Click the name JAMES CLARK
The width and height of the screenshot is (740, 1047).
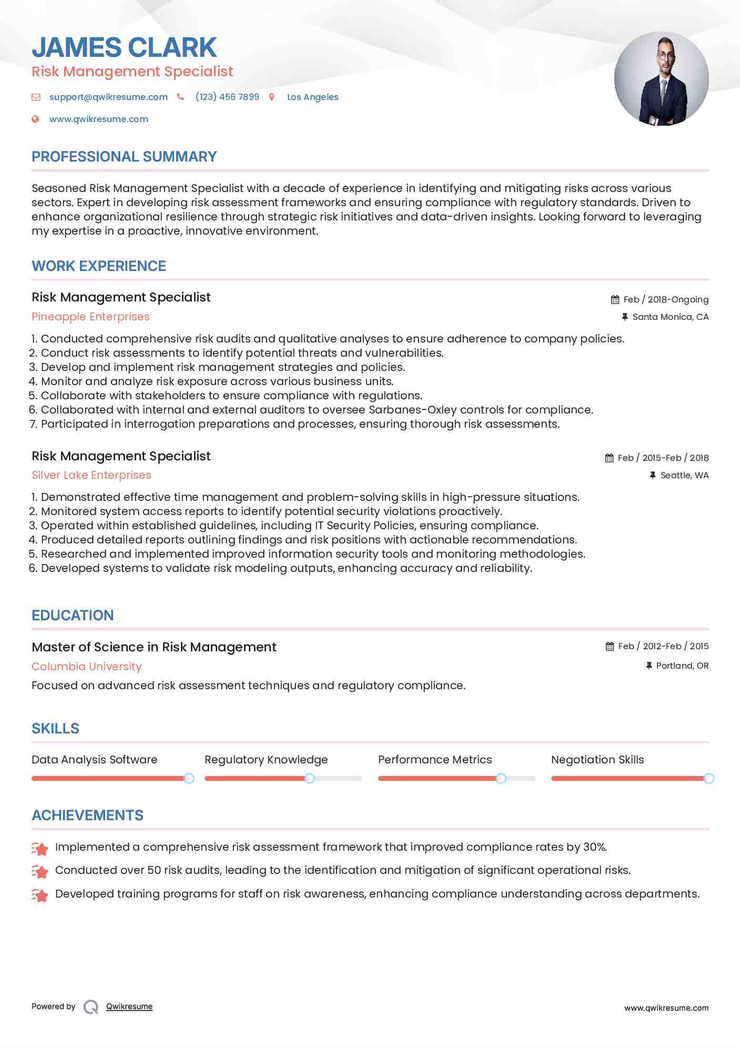click(x=124, y=47)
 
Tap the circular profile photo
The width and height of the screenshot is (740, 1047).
click(x=661, y=79)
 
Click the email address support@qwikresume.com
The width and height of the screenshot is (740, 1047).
click(x=108, y=97)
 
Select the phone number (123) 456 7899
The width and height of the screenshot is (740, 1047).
click(x=227, y=97)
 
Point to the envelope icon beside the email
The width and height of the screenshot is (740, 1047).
click(x=36, y=97)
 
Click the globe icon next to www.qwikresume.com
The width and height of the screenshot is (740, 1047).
click(x=35, y=119)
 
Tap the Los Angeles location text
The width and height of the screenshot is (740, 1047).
click(x=312, y=97)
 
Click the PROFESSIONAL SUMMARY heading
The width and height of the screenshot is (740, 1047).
click(x=124, y=157)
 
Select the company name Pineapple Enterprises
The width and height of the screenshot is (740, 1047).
click(x=90, y=317)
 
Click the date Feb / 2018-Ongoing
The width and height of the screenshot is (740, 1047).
click(x=665, y=299)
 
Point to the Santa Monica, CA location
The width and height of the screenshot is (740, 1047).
click(x=670, y=317)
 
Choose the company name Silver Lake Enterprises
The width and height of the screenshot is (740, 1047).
click(x=91, y=475)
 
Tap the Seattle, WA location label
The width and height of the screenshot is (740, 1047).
click(x=684, y=475)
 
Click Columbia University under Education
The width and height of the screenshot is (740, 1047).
click(x=86, y=667)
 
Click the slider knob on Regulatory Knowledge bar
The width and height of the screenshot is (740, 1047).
click(x=310, y=778)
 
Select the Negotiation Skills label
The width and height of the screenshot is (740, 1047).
click(x=597, y=760)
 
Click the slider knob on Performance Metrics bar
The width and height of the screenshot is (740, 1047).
click(x=501, y=778)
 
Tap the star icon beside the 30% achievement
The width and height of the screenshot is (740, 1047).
click(x=40, y=848)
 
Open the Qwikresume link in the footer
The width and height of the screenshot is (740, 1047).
click(x=129, y=1006)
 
